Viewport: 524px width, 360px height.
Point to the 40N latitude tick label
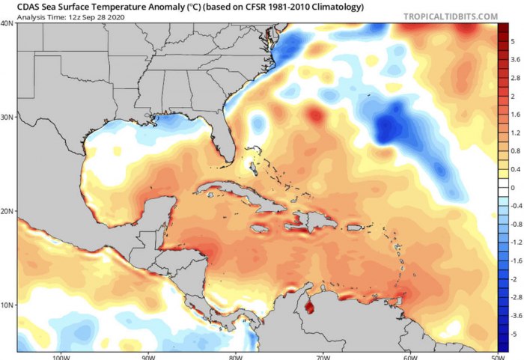point(7,23)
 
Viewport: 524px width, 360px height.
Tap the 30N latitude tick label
point(7,118)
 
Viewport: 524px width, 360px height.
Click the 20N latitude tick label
point(7,211)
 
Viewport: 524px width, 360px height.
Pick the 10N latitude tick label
point(7,305)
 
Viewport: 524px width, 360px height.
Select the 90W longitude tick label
point(147,356)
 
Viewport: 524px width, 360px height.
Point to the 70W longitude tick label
point(322,356)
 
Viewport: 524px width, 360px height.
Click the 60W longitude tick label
point(409,356)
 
